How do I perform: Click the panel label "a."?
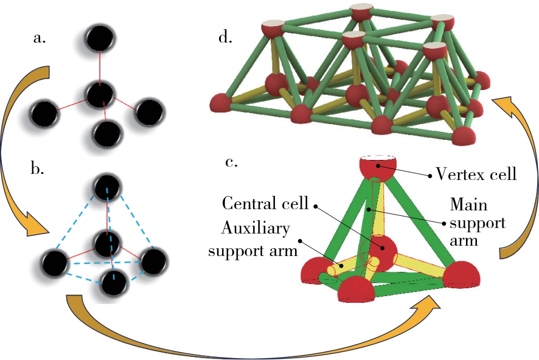point(40,39)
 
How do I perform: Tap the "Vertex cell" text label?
point(476,175)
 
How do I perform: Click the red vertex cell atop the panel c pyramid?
point(378,167)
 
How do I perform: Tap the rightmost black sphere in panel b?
point(153,261)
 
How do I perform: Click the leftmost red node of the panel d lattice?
point(221,103)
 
